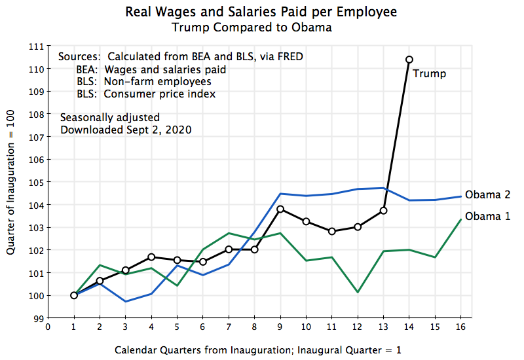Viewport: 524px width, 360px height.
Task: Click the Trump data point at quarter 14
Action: (x=409, y=60)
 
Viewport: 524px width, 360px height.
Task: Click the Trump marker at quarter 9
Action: (x=280, y=209)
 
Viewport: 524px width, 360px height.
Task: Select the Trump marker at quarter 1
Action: (x=74, y=295)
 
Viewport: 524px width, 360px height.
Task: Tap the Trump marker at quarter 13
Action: (x=384, y=210)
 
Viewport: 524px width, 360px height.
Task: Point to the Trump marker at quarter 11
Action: (x=332, y=231)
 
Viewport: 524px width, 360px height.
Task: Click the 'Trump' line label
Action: (x=429, y=74)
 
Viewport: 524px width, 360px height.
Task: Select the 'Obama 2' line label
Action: (x=487, y=195)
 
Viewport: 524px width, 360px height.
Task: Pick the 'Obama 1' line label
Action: (x=487, y=217)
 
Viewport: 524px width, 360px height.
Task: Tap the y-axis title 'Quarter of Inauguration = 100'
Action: (x=12, y=182)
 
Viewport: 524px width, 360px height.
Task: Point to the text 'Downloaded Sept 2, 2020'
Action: (x=126, y=130)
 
